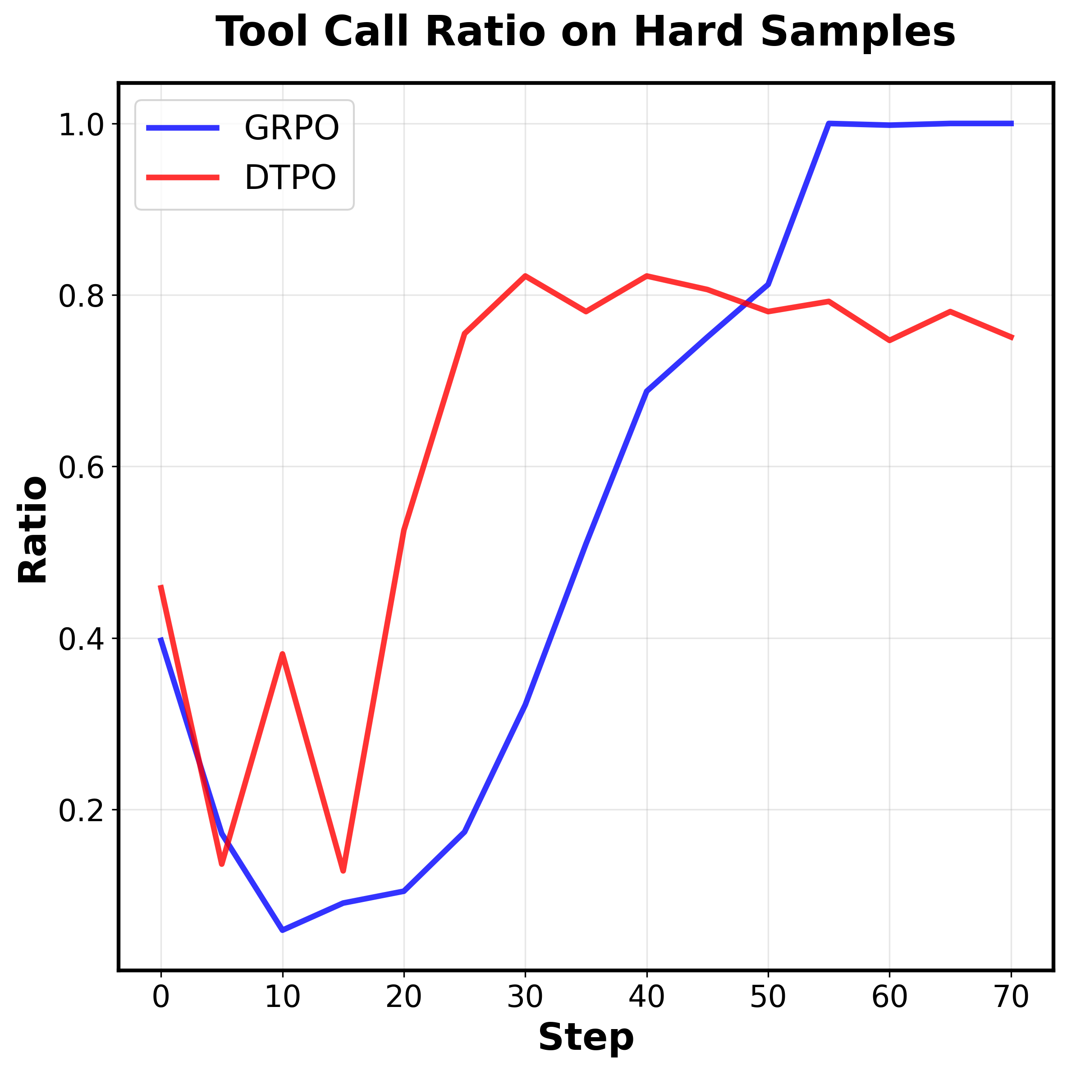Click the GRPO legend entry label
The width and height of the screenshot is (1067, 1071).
(292, 128)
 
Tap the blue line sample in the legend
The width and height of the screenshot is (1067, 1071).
(183, 128)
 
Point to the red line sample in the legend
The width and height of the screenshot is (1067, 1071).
(183, 177)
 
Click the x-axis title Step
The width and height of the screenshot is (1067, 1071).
(586, 1037)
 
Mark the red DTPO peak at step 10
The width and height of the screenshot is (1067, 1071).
(283, 654)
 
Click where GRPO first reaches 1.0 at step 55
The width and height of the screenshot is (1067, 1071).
(829, 124)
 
